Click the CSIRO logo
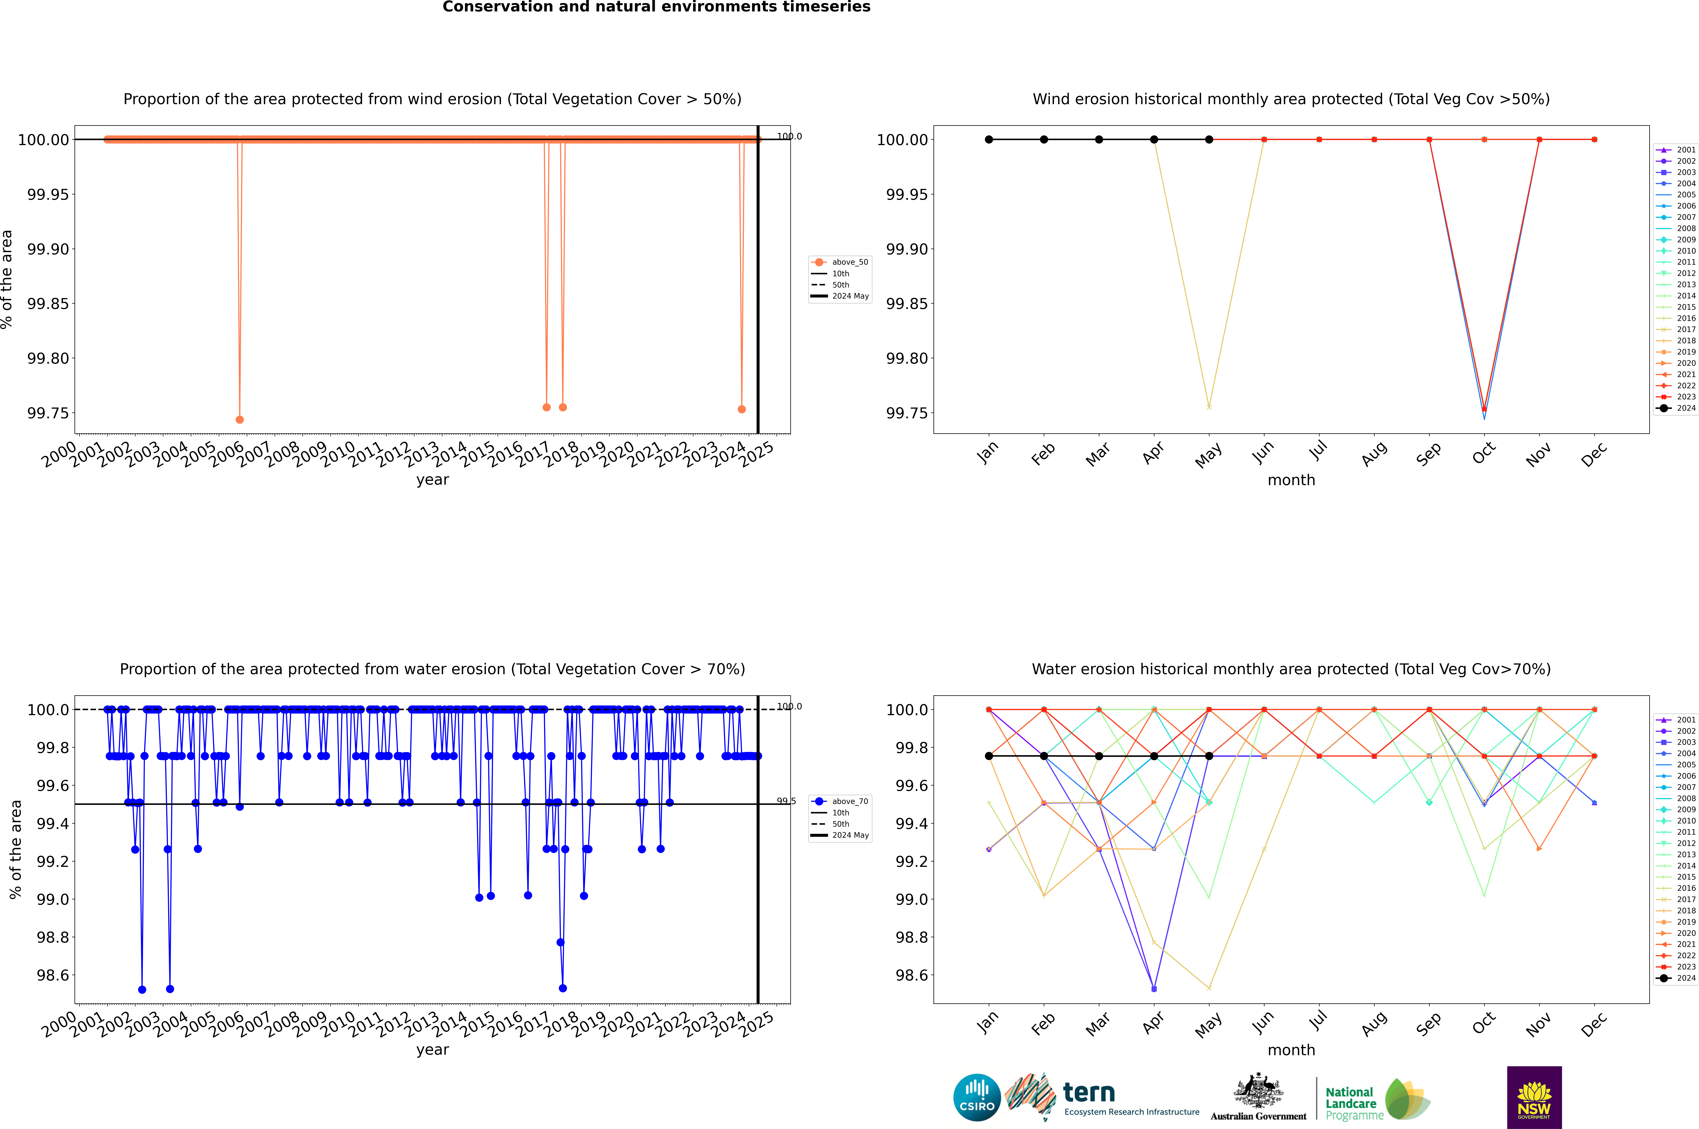point(977,1097)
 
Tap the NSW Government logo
point(1534,1097)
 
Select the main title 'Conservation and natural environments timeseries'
point(656,7)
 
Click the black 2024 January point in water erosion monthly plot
point(989,756)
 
